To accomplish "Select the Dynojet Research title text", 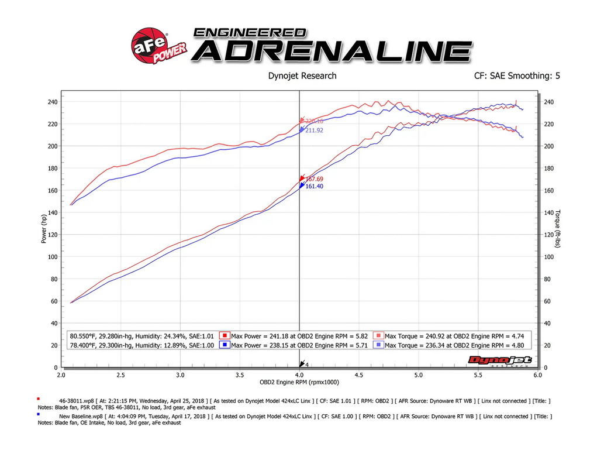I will (302, 75).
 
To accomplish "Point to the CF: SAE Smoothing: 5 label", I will (518, 75).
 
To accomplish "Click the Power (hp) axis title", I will (44, 228).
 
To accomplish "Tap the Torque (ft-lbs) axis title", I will (558, 229).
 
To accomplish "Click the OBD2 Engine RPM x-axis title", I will (299, 382).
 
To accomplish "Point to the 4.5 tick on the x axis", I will (358, 375).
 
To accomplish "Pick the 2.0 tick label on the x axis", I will (61, 375).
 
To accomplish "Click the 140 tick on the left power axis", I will (52, 212).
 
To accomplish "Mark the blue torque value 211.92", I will (314, 130).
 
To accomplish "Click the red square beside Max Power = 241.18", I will (224, 336).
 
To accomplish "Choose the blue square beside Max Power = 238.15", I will (224, 345).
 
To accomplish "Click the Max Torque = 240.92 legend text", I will (454, 336).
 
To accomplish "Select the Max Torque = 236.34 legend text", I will (454, 345).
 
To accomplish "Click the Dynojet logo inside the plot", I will (500, 361).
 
